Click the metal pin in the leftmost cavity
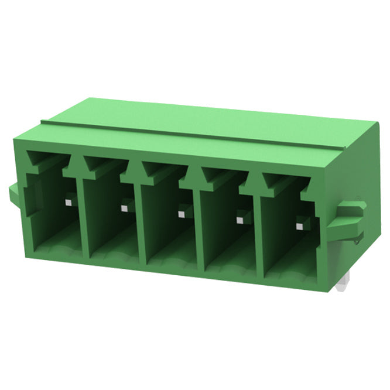pyautogui.click(x=69, y=203)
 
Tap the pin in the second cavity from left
pyautogui.click(x=124, y=207)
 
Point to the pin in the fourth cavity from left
pyautogui.click(x=239, y=220)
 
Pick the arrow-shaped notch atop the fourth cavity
pyautogui.click(x=211, y=177)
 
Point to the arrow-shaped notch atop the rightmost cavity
pyautogui.click(x=271, y=183)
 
